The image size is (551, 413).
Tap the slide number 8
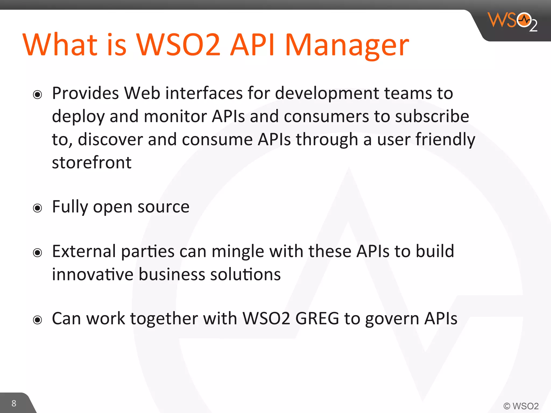[x=14, y=403]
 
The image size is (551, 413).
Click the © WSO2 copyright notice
[x=521, y=406]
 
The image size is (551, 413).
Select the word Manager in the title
[x=347, y=46]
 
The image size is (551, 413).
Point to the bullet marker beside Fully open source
[x=37, y=208]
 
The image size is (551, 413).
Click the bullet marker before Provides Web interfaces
[x=37, y=94]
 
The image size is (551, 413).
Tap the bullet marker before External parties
[x=37, y=252]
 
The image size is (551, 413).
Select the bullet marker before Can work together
[x=37, y=320]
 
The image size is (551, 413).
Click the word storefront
[x=92, y=163]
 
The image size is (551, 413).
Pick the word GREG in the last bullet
[x=317, y=319]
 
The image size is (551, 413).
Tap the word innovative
[x=93, y=275]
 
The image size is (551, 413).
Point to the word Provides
[x=85, y=93]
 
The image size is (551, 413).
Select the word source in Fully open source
[x=163, y=207]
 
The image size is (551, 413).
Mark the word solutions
[x=245, y=275]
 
